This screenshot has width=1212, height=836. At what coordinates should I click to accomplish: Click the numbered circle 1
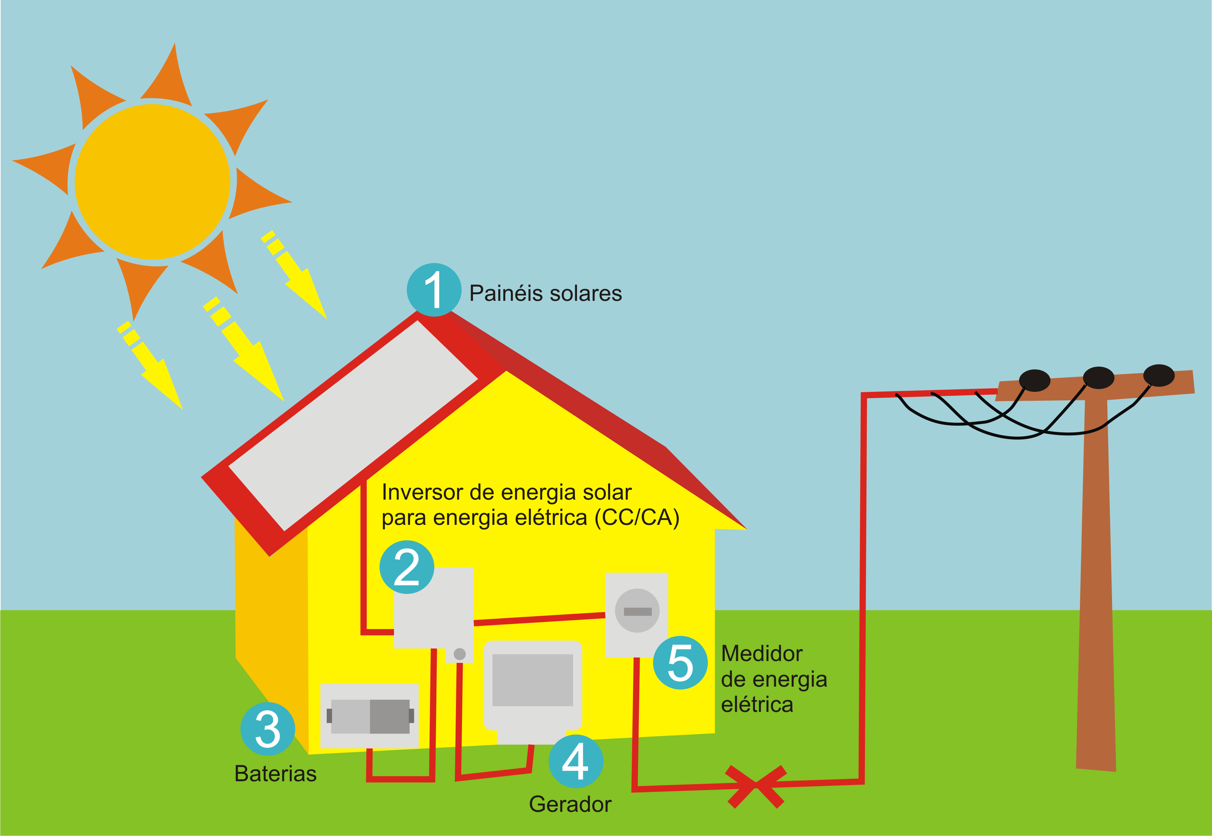click(434, 290)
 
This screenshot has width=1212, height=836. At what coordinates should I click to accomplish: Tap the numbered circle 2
click(407, 567)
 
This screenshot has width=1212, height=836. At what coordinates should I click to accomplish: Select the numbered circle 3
click(267, 729)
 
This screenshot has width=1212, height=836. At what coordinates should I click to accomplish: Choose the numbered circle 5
click(681, 662)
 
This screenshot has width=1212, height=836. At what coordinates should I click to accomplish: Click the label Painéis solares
click(545, 293)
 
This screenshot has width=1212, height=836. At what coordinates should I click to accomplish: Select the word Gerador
click(570, 804)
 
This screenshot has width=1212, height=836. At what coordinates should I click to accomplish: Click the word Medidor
click(762, 654)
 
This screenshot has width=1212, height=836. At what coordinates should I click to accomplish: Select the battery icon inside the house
click(370, 716)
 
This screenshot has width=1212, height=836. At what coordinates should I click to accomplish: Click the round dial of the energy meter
click(637, 611)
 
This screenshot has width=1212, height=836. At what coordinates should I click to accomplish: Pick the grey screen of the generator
click(532, 680)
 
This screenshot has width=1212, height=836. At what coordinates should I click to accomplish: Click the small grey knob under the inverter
click(460, 654)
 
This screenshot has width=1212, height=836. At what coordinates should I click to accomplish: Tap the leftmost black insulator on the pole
click(1034, 380)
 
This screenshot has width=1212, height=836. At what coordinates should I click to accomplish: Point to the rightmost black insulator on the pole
click(1159, 376)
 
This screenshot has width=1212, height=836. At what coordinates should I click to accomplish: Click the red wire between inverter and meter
click(539, 619)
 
